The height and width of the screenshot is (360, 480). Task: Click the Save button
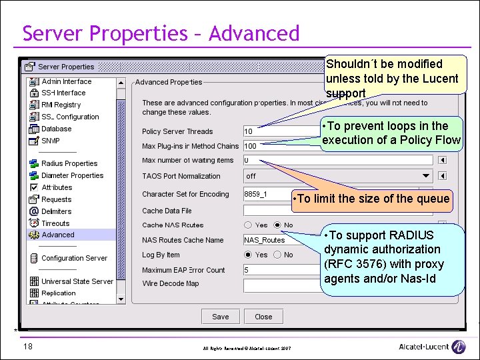coord(220,317)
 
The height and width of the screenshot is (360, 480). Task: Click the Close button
coord(263,317)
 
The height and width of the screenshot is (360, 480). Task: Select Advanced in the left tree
coord(58,235)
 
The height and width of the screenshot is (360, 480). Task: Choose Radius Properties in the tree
coord(69,163)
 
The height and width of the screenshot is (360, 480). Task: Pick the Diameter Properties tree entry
coord(72,175)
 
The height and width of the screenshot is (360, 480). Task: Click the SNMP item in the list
coord(51,141)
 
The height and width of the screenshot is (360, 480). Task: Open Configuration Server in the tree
coord(73,258)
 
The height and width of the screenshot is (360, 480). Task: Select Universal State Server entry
coord(77,281)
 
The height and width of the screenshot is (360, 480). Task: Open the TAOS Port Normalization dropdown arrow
coord(427,176)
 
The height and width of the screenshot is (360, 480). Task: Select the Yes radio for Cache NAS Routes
coord(248,225)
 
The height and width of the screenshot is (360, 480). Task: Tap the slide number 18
coord(27,346)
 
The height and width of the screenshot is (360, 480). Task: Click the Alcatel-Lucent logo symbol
coord(458,347)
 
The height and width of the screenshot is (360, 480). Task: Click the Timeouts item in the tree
coord(55,223)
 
